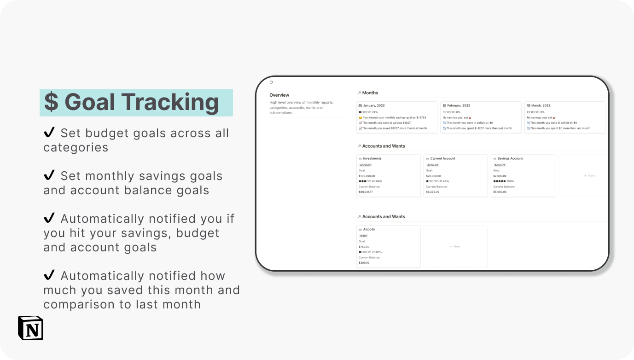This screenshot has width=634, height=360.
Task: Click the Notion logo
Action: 30,328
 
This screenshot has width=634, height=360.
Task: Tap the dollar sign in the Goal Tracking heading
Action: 52,102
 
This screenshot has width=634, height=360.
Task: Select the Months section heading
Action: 370,93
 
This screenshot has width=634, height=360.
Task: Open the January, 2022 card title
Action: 373,105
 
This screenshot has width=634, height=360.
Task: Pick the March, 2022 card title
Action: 541,105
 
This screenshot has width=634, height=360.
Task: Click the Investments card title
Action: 372,158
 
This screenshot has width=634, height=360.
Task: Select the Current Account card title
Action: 442,158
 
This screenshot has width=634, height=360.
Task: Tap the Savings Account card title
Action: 510,158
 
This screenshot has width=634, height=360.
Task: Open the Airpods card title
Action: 369,229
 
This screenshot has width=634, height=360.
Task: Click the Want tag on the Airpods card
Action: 363,236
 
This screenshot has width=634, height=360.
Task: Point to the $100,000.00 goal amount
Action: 367,176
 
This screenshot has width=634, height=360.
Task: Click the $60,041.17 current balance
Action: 366,192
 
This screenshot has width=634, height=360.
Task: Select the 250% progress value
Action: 510,181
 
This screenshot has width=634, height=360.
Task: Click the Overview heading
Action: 279,95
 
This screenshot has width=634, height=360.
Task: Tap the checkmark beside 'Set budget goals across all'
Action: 49,133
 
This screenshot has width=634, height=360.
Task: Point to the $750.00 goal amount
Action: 364,247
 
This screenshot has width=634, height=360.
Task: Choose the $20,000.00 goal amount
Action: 434,176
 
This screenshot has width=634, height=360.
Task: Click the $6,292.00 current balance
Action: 432,192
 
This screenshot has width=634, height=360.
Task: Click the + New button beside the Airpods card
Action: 455,246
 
